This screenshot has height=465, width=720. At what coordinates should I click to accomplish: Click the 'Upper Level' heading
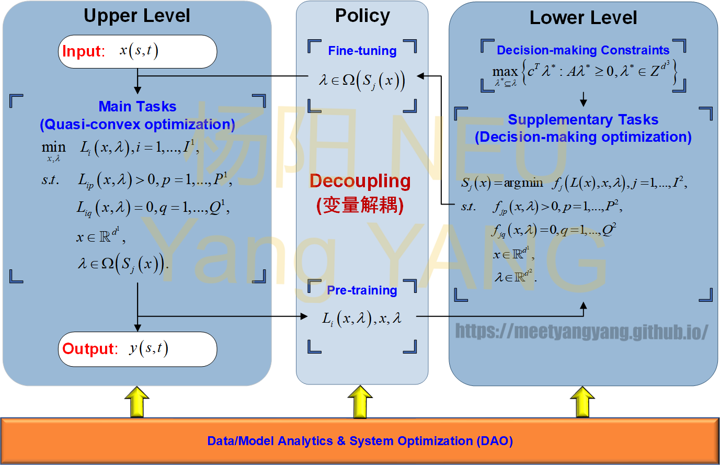pos(137,16)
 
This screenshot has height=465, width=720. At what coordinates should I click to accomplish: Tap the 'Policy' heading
pos(362,16)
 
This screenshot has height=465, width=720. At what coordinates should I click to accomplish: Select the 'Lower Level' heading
pos(583,18)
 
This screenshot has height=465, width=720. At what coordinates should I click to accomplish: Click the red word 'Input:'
pos(84,51)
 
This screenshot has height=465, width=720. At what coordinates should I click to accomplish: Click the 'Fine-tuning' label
pos(362,51)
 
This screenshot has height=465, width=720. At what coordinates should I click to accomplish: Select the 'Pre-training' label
pos(362,290)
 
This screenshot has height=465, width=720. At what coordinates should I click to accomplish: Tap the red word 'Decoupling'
pos(360,181)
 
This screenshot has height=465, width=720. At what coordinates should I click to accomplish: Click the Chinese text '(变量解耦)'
pos(360,205)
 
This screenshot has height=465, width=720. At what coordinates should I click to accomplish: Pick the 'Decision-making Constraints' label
pos(583,50)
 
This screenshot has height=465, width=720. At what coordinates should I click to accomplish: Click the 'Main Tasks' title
pos(138,107)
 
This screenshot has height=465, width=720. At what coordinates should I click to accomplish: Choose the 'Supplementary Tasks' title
pos(583,120)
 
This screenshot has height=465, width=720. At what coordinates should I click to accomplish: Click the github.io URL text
pos(582,332)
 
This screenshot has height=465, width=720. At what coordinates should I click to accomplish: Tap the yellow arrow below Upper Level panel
pos(137,402)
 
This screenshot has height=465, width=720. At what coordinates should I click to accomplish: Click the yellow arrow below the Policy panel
pos(360,402)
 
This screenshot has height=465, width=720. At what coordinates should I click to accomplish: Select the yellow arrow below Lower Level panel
pos(582,402)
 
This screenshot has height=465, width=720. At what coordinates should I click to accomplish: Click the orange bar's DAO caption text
pos(360,441)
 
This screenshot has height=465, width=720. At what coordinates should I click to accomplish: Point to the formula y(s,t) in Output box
pos(148,349)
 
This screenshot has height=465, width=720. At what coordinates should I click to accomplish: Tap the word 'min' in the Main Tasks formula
pos(54,148)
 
